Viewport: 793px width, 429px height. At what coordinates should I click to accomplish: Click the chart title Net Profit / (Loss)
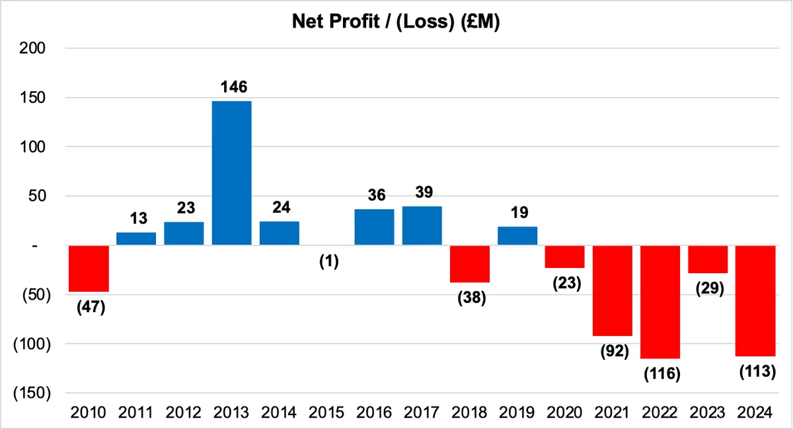[x=396, y=21]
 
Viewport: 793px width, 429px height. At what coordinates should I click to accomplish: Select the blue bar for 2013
[x=232, y=173]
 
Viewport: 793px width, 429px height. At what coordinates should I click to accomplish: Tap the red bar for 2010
[x=89, y=269]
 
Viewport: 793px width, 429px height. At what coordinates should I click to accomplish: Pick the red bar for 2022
[x=660, y=302]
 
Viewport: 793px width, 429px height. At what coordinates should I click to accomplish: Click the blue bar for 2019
[x=517, y=236]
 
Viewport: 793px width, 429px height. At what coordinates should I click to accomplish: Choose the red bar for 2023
[x=708, y=259]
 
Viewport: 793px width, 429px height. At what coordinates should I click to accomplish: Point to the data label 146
[x=234, y=86]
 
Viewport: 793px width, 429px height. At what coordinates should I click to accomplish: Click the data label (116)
[x=662, y=374]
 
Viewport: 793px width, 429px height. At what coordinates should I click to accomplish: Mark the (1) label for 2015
[x=329, y=261]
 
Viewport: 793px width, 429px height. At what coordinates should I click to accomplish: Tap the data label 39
[x=424, y=192]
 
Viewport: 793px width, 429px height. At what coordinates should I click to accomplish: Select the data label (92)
[x=615, y=351]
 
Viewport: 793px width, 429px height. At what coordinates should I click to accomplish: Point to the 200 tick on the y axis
[x=32, y=48]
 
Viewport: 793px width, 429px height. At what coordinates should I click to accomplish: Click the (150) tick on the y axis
[x=32, y=393]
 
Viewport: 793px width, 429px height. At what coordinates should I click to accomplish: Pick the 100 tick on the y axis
[x=32, y=147]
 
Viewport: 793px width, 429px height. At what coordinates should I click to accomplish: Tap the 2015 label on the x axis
[x=326, y=412]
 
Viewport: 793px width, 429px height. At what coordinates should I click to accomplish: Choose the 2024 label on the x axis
[x=755, y=412]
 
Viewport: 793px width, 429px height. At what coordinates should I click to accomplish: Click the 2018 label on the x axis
[x=469, y=412]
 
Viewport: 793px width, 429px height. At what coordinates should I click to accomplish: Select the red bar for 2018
[x=470, y=264]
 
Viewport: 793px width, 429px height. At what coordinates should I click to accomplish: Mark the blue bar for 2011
[x=136, y=239]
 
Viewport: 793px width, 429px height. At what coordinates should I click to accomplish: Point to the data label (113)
[x=757, y=372]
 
